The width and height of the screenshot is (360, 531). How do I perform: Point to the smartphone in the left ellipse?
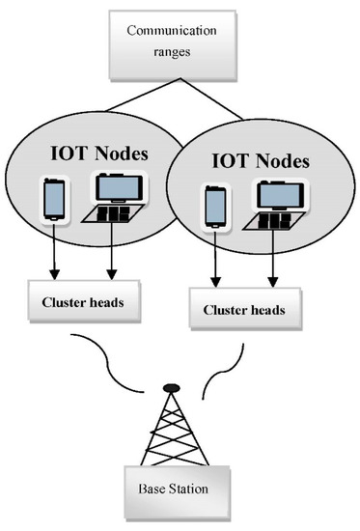coord(55,200)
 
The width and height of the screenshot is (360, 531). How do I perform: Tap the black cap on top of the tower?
coord(170,388)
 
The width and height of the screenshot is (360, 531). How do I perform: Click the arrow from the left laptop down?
coord(114,256)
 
